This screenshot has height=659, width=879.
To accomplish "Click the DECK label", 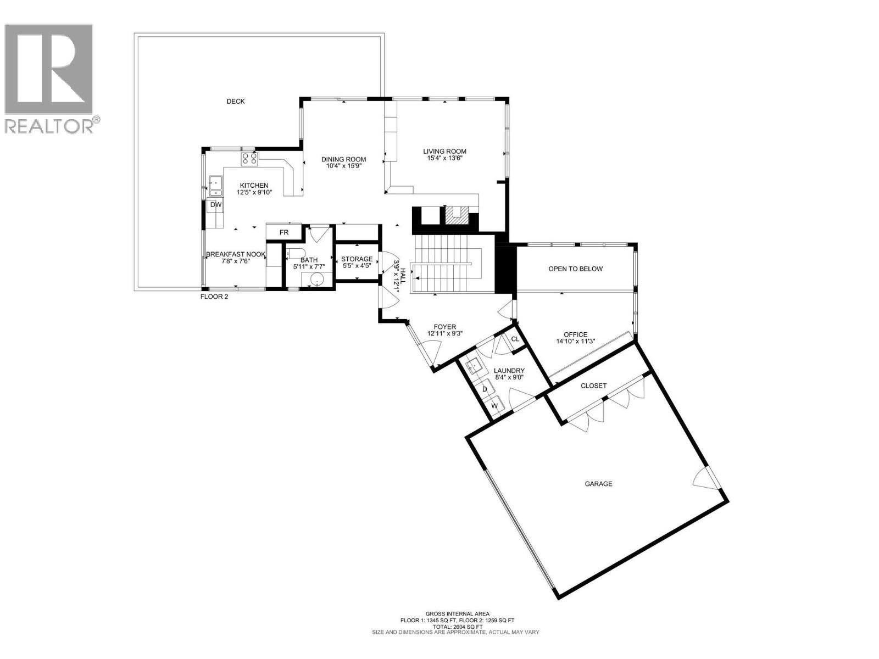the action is (x=236, y=102).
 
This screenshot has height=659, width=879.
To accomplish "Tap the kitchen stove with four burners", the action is (x=248, y=159).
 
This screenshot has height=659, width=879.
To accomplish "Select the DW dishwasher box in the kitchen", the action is (x=216, y=205).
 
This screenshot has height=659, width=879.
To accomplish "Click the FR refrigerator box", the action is (x=283, y=232).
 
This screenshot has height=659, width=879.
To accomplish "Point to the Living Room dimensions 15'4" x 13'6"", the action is (x=444, y=159).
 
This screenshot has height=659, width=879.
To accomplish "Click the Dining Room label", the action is (x=343, y=159).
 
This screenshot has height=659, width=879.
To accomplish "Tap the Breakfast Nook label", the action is (x=236, y=255).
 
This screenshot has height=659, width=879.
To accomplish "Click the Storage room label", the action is (x=357, y=259).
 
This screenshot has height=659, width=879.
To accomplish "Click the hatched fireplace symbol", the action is (x=454, y=215).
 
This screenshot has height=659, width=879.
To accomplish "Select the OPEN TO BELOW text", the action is (x=575, y=269).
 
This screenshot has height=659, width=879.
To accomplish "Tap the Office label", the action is (x=575, y=334).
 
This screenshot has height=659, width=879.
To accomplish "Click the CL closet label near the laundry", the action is (x=515, y=339).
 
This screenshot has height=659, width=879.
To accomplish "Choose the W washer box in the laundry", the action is (x=494, y=406).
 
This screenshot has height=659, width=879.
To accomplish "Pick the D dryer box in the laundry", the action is (x=485, y=389).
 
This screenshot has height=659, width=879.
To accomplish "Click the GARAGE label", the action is (x=598, y=484).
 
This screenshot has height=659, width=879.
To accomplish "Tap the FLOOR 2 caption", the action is (x=214, y=297).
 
